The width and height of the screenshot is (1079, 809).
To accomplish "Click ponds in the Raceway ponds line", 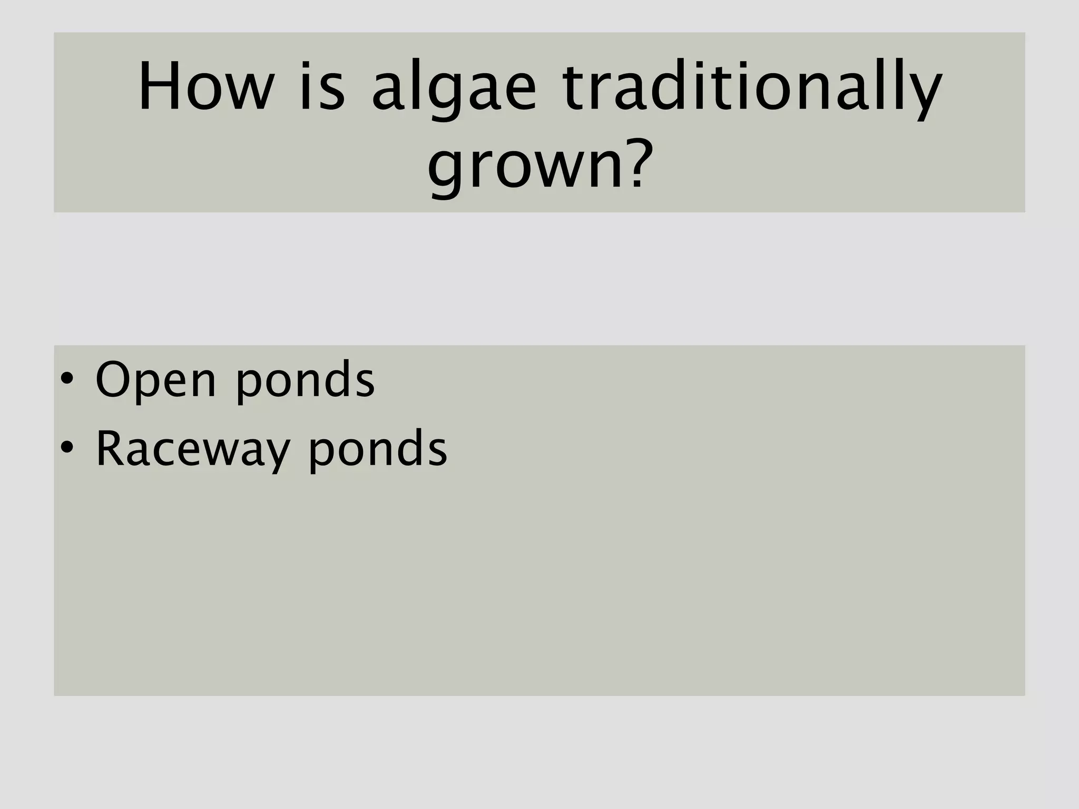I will (x=378, y=449).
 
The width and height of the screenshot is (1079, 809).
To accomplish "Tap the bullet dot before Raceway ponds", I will (x=66, y=448).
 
